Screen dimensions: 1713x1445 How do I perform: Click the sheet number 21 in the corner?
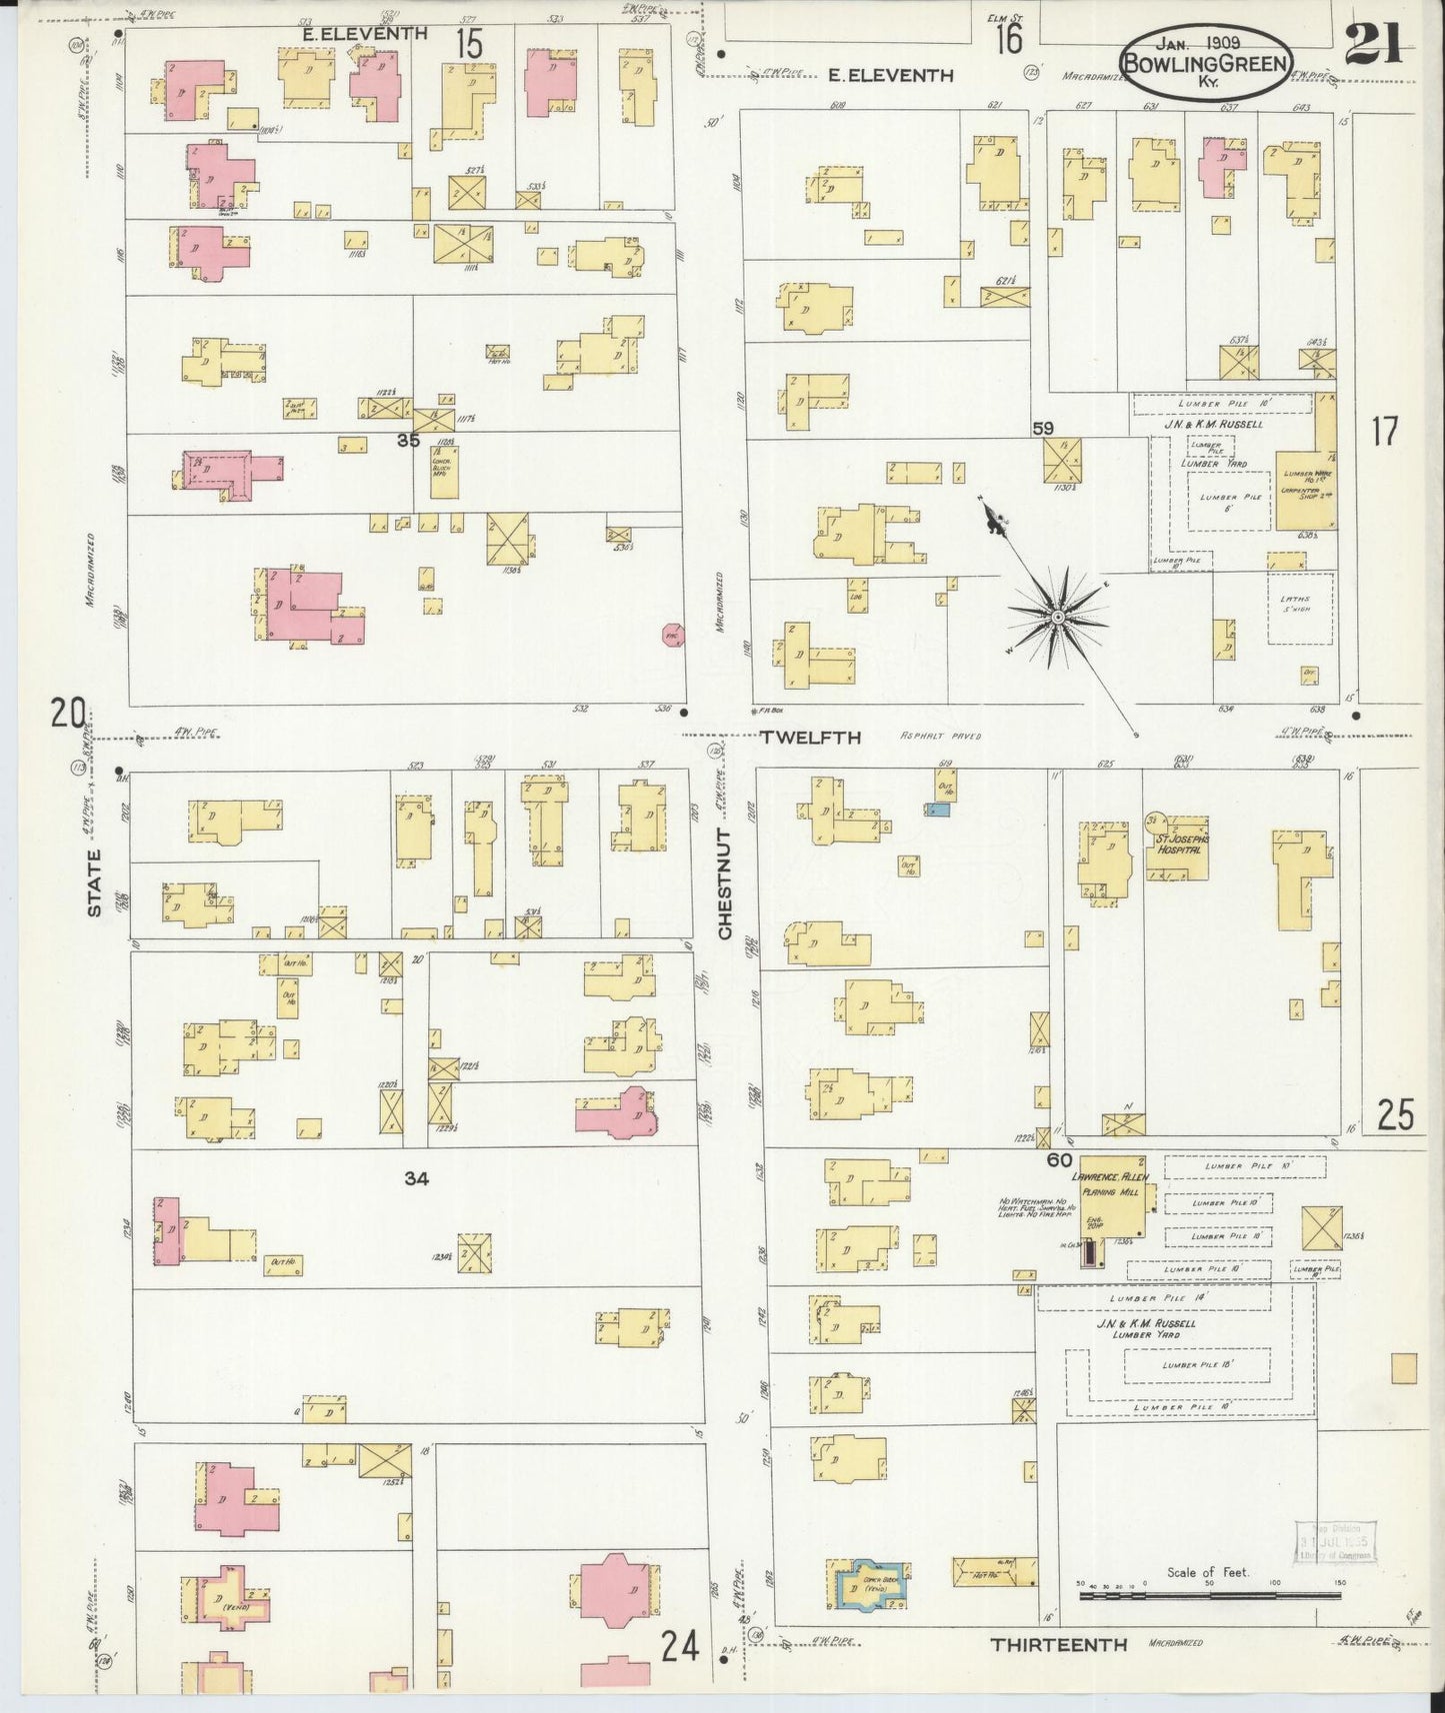coord(1373,43)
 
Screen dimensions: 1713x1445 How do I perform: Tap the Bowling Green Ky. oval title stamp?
coord(1204,62)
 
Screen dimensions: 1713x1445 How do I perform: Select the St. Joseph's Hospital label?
coord(1182,845)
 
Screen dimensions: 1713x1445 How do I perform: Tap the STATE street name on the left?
coord(94,882)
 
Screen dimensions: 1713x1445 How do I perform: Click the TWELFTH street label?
coord(810,738)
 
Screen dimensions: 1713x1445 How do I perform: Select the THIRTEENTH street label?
coord(1058,1644)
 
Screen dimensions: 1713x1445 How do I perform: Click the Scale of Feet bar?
coord(1210,1597)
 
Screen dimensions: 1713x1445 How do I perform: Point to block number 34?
coord(416,1179)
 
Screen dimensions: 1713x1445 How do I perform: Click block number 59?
coord(1043,429)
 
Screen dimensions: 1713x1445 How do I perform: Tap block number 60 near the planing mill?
coord(1059,1160)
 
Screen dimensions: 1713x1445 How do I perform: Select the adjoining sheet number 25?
coord(1395,1114)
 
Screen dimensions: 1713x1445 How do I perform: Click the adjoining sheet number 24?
coord(679,1645)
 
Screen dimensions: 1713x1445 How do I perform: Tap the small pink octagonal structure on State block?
coord(673,635)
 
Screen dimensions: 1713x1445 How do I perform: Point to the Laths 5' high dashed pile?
coord(1300,607)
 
